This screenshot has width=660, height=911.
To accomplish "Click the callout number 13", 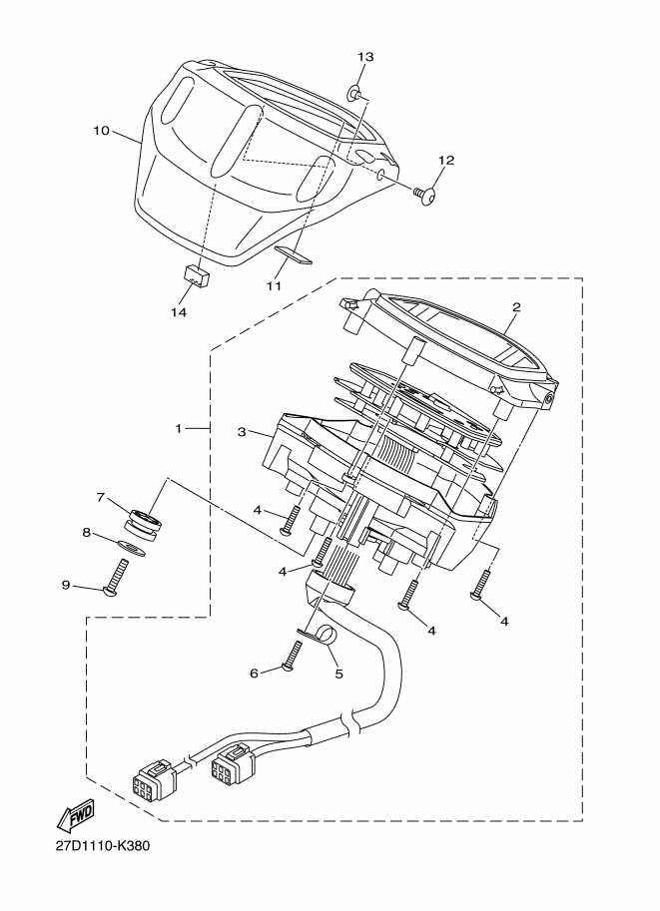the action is pyautogui.click(x=365, y=56).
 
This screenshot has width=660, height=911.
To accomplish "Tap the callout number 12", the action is pyautogui.click(x=446, y=160).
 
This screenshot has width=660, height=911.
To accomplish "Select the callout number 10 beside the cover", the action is pyautogui.click(x=101, y=130).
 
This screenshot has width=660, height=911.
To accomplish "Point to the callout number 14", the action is pyautogui.click(x=179, y=312).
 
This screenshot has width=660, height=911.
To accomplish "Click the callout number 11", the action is pyautogui.click(x=274, y=285).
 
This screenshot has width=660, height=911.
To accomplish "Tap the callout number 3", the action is pyautogui.click(x=242, y=432).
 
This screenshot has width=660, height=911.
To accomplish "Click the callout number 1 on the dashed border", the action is pyautogui.click(x=179, y=428).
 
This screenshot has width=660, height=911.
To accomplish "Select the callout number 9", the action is pyautogui.click(x=66, y=585).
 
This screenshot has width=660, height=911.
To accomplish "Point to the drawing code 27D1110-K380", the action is pyautogui.click(x=103, y=845).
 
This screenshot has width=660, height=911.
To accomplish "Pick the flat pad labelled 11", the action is pyautogui.click(x=294, y=254).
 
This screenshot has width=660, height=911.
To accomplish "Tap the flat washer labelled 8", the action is pyautogui.click(x=131, y=547).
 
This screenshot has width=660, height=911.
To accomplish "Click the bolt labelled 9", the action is pyautogui.click(x=116, y=578).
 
